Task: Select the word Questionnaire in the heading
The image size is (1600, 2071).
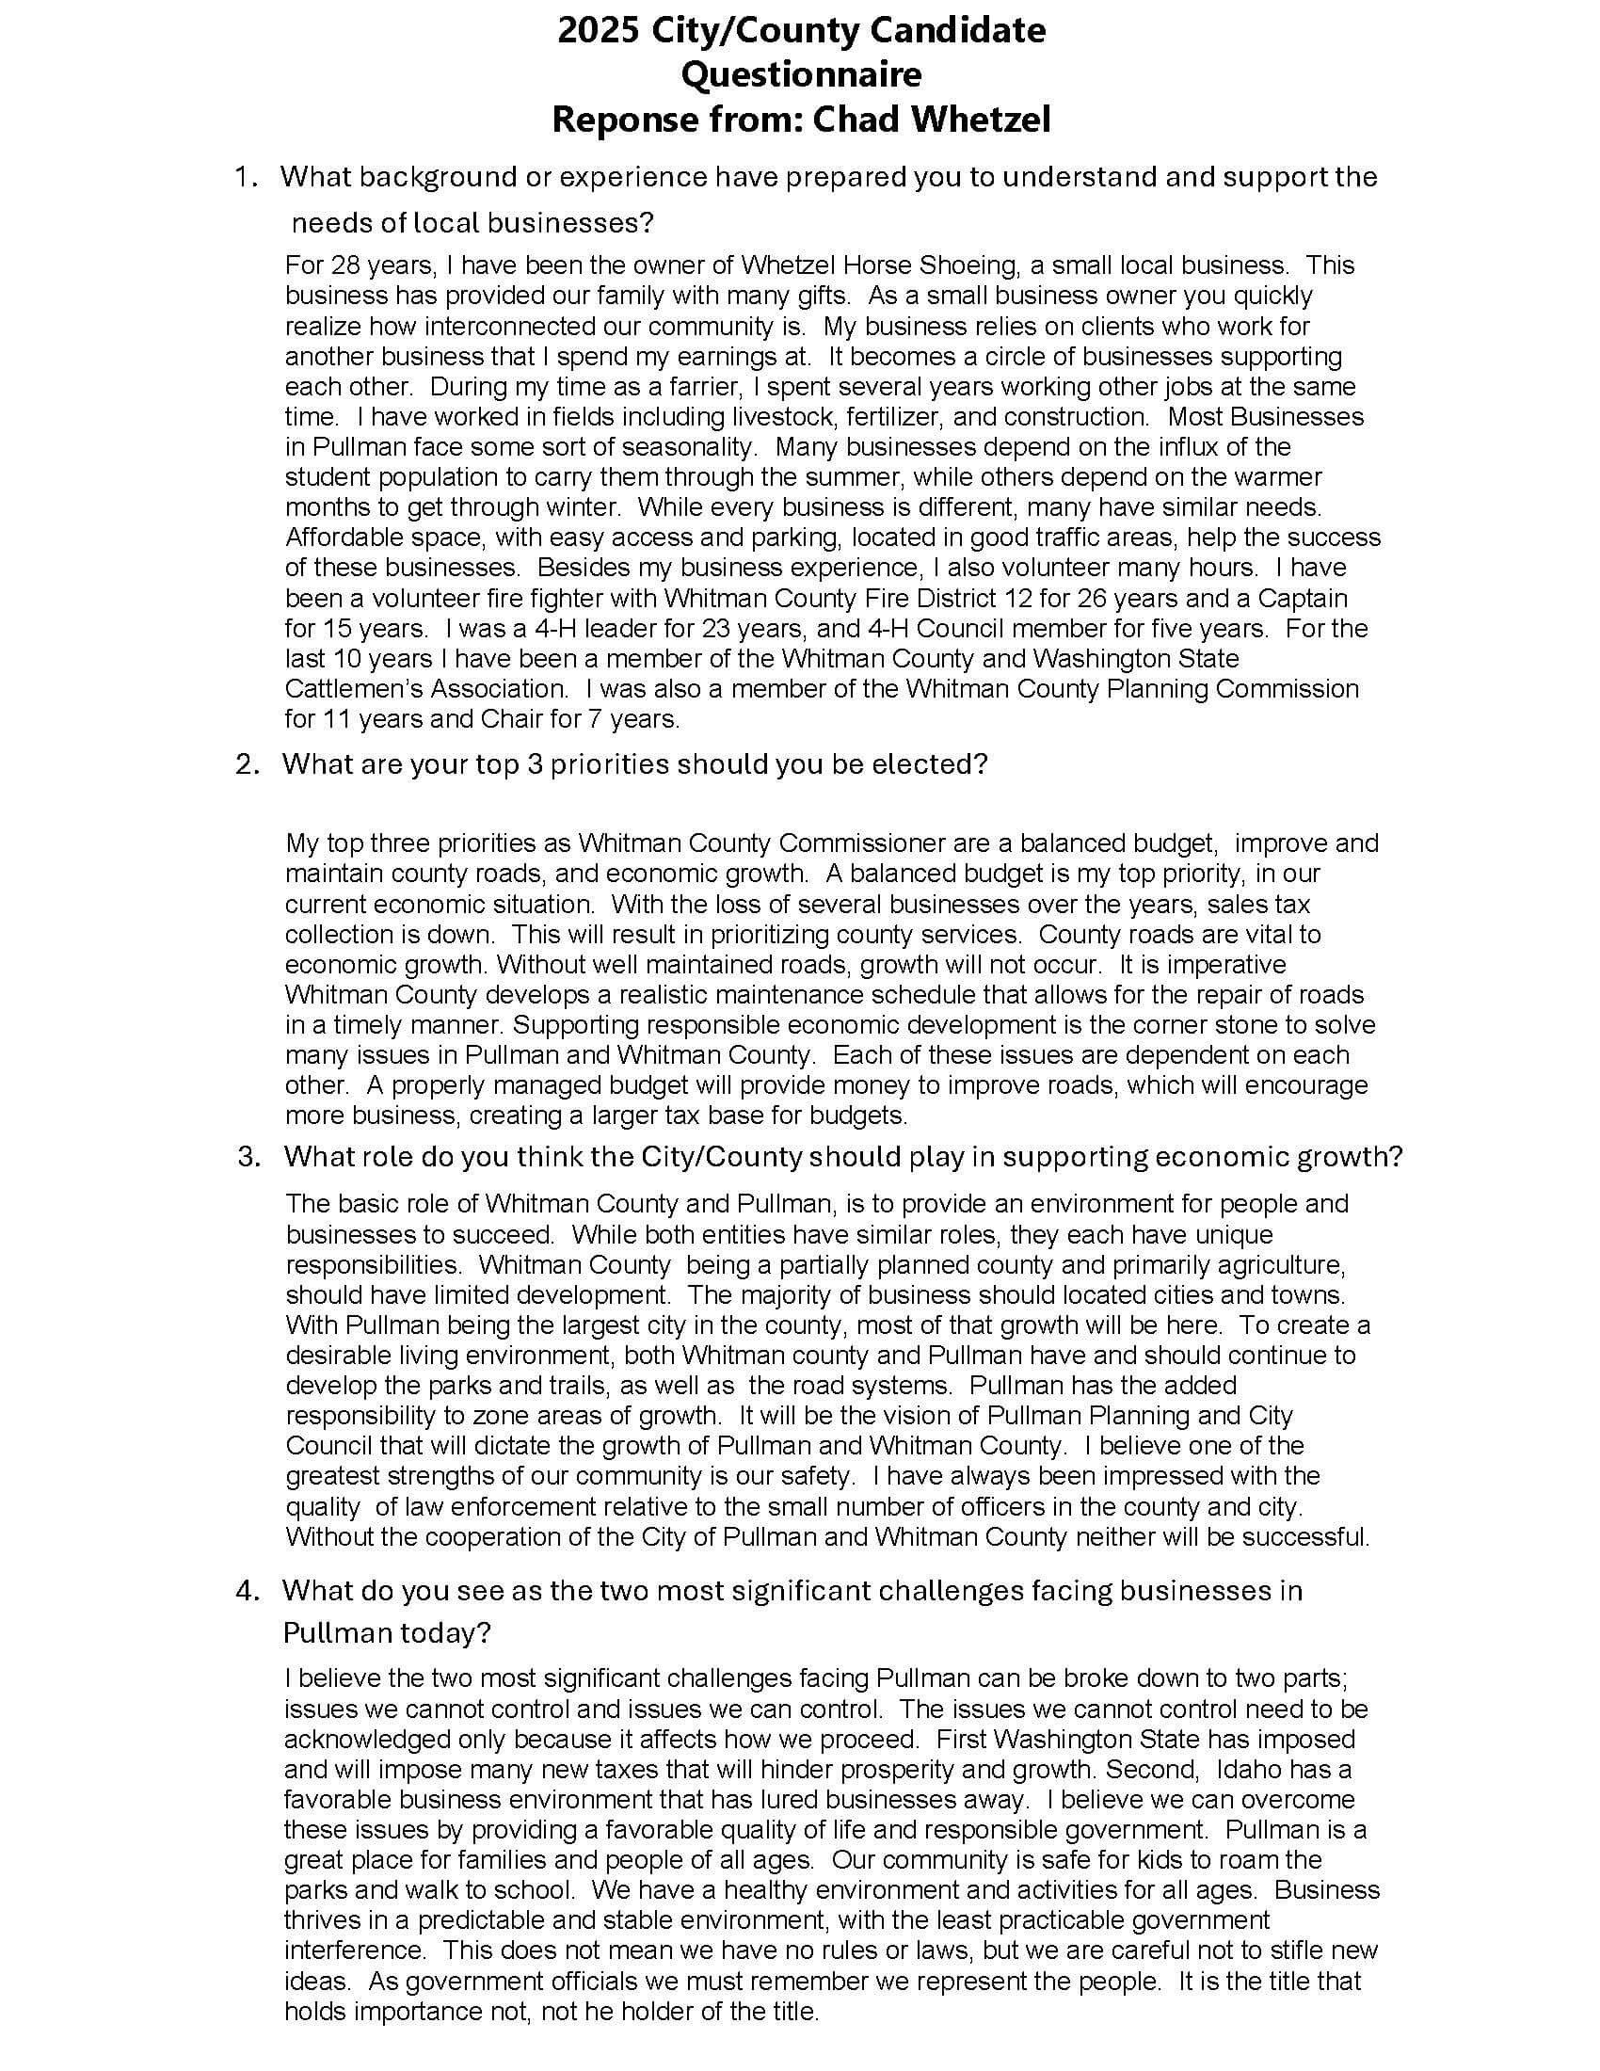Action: pyautogui.click(x=801, y=76)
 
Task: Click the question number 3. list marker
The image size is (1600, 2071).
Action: pyautogui.click(x=248, y=1157)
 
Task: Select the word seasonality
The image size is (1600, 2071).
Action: pyautogui.click(x=688, y=446)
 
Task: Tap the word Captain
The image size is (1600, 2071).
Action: pyautogui.click(x=1304, y=599)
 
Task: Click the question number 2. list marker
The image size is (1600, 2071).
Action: pyautogui.click(x=248, y=764)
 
